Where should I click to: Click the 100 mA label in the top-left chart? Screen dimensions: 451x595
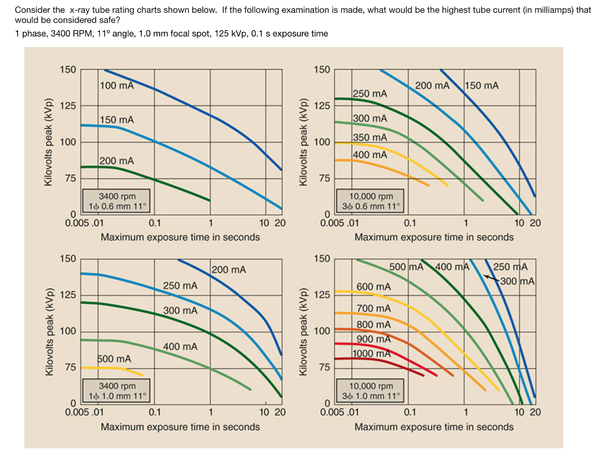pos(116,86)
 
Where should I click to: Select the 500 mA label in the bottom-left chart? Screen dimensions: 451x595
pos(114,359)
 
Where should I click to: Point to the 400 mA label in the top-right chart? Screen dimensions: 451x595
pos(370,155)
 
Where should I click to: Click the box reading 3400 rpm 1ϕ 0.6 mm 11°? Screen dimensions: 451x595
pos(117,201)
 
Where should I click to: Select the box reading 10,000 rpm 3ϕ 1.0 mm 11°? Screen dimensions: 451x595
pos(371,391)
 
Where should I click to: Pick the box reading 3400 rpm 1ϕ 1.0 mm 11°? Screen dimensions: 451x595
pos(117,391)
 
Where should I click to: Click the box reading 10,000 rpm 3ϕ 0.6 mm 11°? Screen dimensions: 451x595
pos(371,201)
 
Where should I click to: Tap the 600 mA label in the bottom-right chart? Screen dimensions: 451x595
pos(374,287)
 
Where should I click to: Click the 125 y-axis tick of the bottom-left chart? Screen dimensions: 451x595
pos(68,295)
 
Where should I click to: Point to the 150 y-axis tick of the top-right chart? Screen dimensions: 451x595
pos(322,70)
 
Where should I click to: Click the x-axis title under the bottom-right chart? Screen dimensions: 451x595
pos(433,427)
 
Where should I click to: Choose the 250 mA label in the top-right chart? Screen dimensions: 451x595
pos(370,94)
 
